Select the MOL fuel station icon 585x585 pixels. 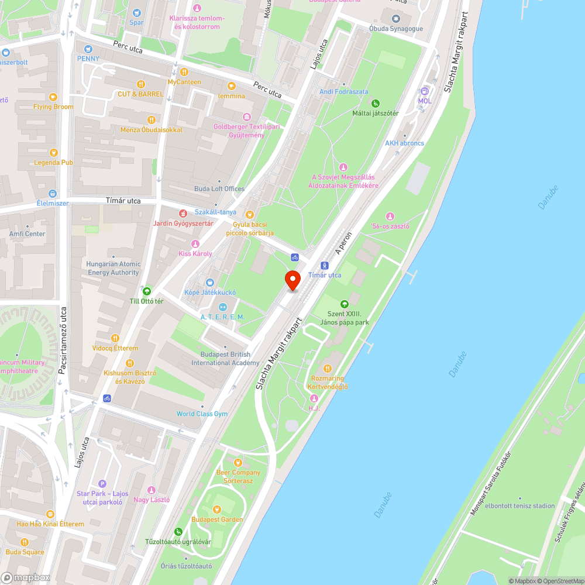coord(425,91)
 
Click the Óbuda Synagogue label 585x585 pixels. coord(397,27)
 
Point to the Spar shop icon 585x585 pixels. coord(136,13)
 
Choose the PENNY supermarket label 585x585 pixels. coord(88,58)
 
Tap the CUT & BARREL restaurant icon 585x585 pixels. coord(140,84)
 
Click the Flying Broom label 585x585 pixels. coord(53,107)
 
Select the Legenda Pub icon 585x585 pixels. coord(53,152)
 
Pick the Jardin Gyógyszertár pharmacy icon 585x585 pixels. coord(183,214)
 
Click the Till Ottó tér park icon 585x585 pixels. coord(146,291)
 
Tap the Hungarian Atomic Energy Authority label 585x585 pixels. coord(113,268)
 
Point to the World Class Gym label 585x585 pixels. coord(202,414)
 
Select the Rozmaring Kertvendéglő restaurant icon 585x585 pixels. coord(328,368)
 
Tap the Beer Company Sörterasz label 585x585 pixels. coord(238,476)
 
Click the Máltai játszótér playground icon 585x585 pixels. coord(376,103)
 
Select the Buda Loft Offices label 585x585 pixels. coord(219,189)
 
